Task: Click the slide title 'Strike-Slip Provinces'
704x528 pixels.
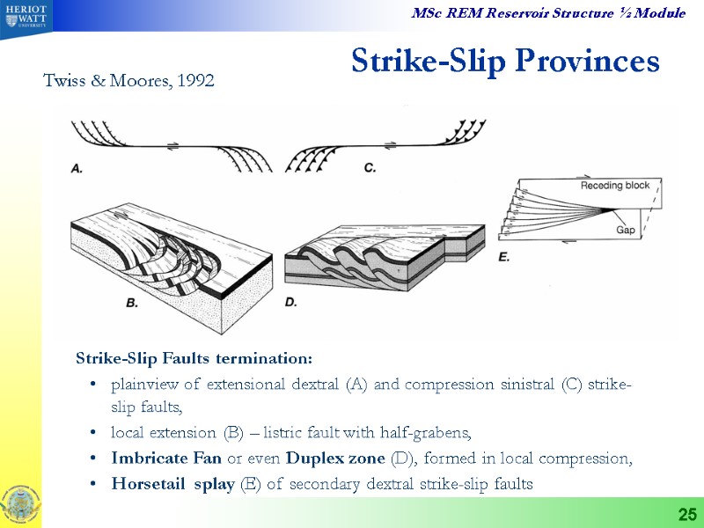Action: (504, 61)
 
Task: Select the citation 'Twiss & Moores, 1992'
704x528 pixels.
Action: (128, 81)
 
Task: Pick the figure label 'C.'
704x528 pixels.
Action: (370, 167)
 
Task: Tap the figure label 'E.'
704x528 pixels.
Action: (505, 258)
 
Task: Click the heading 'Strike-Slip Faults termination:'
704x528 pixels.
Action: (194, 359)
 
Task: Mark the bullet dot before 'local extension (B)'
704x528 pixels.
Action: (93, 433)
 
